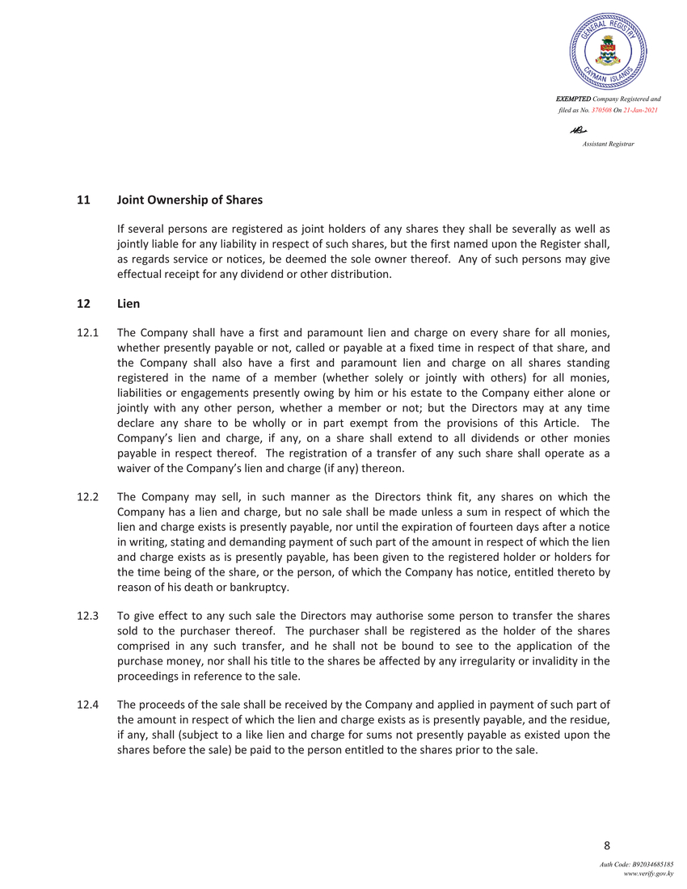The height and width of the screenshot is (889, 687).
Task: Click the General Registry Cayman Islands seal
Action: click(608, 53)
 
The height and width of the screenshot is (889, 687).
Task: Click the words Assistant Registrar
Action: click(608, 143)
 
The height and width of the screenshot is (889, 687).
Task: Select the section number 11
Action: click(82, 199)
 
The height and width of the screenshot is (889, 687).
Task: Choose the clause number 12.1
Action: click(87, 332)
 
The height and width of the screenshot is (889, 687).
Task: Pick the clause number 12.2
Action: click(87, 497)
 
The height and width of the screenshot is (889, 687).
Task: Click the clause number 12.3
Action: click(87, 615)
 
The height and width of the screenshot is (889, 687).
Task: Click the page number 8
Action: click(607, 846)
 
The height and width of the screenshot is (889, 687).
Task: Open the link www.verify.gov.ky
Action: click(647, 874)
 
